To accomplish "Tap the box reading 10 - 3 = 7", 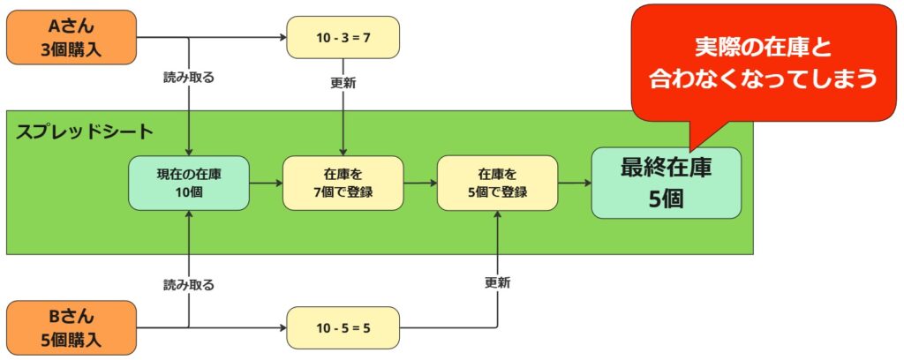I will [x=343, y=38].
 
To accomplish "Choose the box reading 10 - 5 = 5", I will [x=343, y=328].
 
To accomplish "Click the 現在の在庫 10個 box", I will [x=189, y=183].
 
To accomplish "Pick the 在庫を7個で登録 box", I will [x=343, y=183].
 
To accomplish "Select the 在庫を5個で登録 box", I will [x=497, y=183].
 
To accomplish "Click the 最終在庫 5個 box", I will [x=666, y=183].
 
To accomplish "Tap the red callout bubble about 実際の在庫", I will [x=763, y=62].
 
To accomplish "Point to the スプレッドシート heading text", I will [x=85, y=132].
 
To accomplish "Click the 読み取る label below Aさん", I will [x=189, y=77].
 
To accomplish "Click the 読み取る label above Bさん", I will [x=189, y=285].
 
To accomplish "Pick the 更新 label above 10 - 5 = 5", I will [x=497, y=283].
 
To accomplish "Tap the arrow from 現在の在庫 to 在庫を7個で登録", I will [x=266, y=183].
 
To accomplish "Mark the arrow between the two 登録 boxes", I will [x=420, y=183].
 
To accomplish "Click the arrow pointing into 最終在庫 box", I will [x=574, y=183].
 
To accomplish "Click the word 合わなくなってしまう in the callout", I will [x=763, y=79].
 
